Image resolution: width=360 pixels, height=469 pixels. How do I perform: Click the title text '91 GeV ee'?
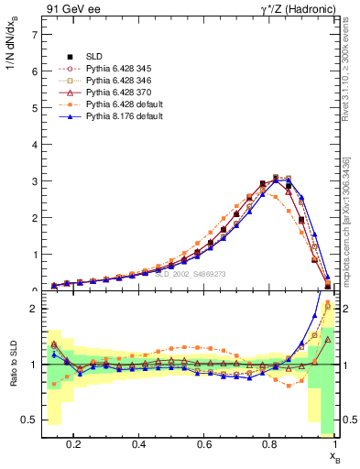point(71,9)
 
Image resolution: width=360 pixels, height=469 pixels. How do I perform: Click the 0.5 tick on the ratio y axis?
point(27,420)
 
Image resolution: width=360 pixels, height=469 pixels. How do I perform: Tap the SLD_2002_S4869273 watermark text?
point(190,274)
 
